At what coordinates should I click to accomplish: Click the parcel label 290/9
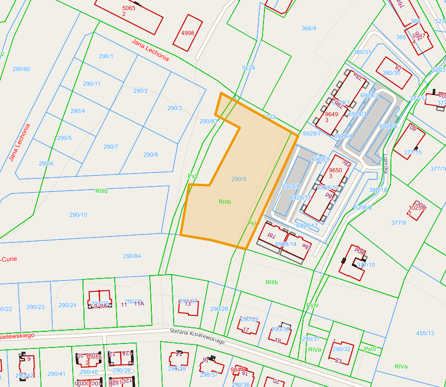(239, 179)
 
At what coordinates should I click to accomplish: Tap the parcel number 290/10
(78, 215)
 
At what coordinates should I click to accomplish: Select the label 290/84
(132, 256)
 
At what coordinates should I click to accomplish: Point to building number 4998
(187, 33)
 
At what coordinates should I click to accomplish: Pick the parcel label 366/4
(309, 28)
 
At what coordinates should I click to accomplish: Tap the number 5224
(248, 68)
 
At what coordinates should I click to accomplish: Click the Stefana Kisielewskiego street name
(197, 336)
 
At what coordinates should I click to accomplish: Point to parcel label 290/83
(208, 121)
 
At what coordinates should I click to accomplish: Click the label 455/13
(425, 333)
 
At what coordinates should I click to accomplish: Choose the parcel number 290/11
(92, 84)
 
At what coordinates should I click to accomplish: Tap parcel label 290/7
(111, 147)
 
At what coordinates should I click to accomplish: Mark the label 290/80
(21, 69)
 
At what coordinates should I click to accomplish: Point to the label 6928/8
(291, 186)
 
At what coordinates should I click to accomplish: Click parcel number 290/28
(219, 309)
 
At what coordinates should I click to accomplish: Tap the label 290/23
(35, 307)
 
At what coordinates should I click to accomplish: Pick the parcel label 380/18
(378, 190)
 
